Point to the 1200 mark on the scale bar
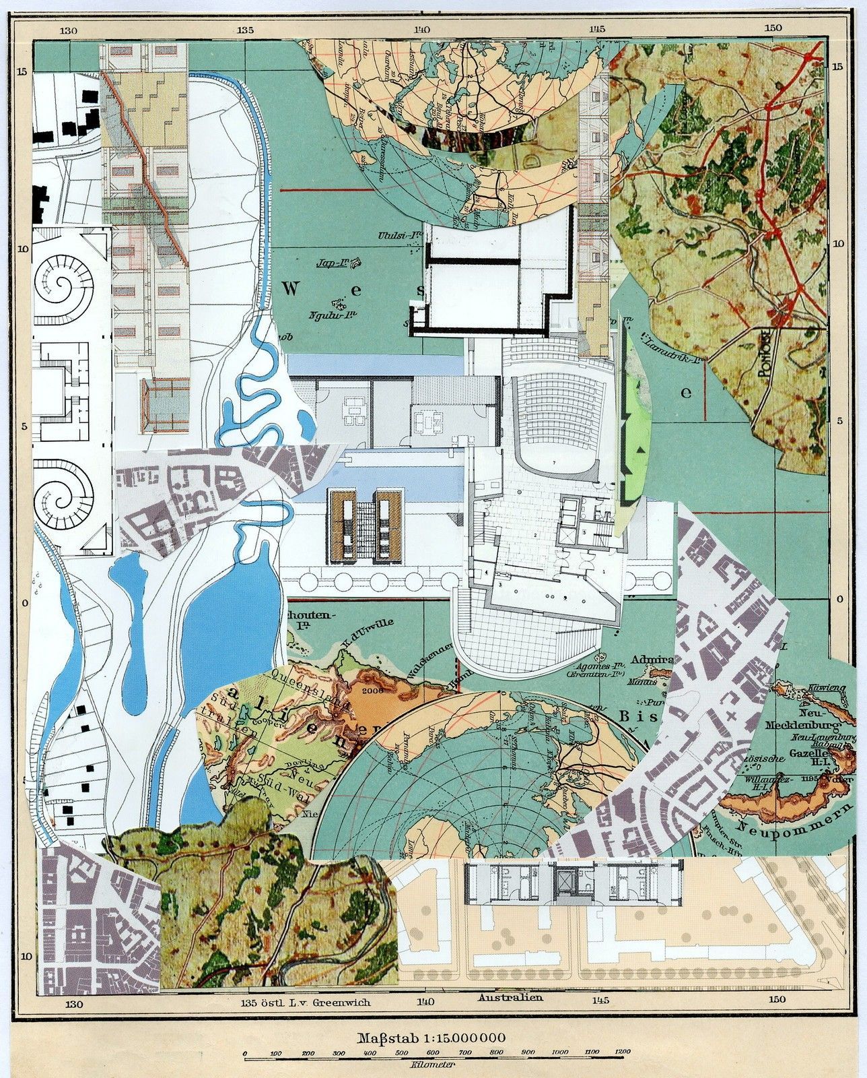[x=623, y=1052]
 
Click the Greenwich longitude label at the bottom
[x=306, y=1002]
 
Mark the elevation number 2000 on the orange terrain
[x=370, y=689]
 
